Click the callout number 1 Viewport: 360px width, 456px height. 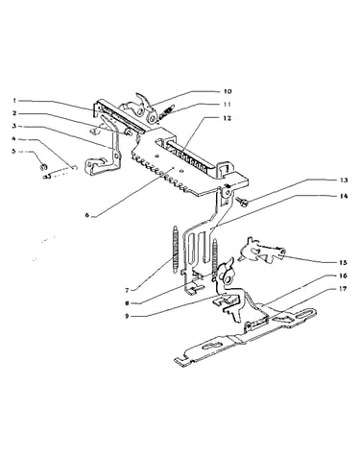tap(14, 100)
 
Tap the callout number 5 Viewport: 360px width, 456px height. tap(14, 151)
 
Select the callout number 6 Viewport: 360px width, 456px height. tap(86, 215)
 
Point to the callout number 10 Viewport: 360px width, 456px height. tap(228, 91)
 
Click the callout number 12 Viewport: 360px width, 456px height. tap(227, 118)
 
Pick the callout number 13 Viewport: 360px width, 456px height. tap(344, 180)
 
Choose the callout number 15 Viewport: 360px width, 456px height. tap(344, 262)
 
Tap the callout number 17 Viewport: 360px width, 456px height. tap(344, 289)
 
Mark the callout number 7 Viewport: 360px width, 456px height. tap(127, 290)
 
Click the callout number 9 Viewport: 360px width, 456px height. tap(127, 316)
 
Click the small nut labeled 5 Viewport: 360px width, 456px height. tap(44, 166)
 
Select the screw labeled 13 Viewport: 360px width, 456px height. tap(243, 202)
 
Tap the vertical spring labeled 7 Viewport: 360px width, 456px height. tap(176, 250)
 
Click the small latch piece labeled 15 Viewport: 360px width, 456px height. tap(261, 251)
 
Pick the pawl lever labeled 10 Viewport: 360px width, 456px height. tap(146, 106)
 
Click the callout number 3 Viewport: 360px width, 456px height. tap(14, 126)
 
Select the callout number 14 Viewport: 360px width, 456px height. tap(344, 196)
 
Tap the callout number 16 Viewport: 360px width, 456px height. tap(344, 276)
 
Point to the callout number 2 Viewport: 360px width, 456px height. tap(14, 113)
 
